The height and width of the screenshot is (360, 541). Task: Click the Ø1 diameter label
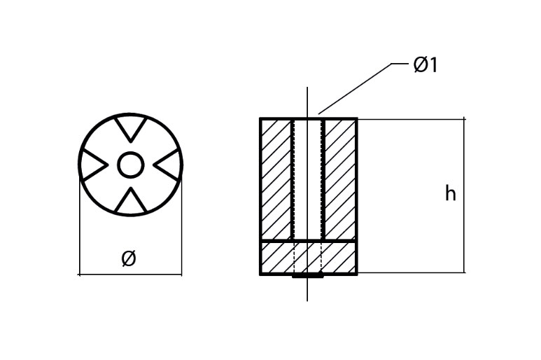coord(426,65)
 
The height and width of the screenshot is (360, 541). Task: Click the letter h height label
coord(450,194)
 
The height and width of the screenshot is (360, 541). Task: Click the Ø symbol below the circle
coord(128,258)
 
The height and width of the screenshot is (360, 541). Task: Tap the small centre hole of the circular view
coord(130,165)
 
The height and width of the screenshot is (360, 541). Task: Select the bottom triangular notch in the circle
coord(130,202)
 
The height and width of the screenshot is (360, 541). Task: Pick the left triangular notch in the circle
coord(93,165)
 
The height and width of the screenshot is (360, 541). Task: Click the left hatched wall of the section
coord(276,179)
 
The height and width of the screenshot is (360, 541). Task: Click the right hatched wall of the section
coord(340,179)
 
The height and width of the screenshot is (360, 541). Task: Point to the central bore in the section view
coord(307,179)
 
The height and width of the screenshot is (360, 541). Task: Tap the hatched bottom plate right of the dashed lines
coord(339,257)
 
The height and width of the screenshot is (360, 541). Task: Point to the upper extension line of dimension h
coord(413,119)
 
